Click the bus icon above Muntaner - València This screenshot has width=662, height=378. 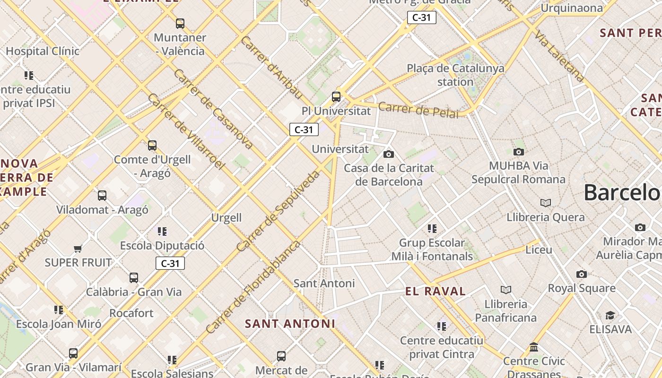click(180, 23)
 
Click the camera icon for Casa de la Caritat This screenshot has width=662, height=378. click(389, 154)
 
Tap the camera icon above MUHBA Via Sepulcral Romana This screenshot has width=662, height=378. click(519, 152)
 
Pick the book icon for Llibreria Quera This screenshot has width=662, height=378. click(546, 203)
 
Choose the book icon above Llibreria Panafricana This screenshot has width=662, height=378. click(506, 290)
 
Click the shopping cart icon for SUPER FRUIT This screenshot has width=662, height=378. click(78, 249)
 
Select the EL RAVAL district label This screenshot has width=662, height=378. click(436, 292)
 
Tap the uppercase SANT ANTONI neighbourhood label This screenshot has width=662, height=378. click(290, 324)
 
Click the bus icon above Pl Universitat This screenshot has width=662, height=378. click(336, 97)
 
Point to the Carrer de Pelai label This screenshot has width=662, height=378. click(418, 110)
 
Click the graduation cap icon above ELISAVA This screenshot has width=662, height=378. click(610, 315)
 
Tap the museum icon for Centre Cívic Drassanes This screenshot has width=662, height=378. click(534, 347)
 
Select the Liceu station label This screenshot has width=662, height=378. click(539, 249)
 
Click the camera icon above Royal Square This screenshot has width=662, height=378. click(582, 274)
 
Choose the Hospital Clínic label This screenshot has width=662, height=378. click(43, 51)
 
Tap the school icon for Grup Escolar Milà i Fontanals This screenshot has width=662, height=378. click(432, 229)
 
